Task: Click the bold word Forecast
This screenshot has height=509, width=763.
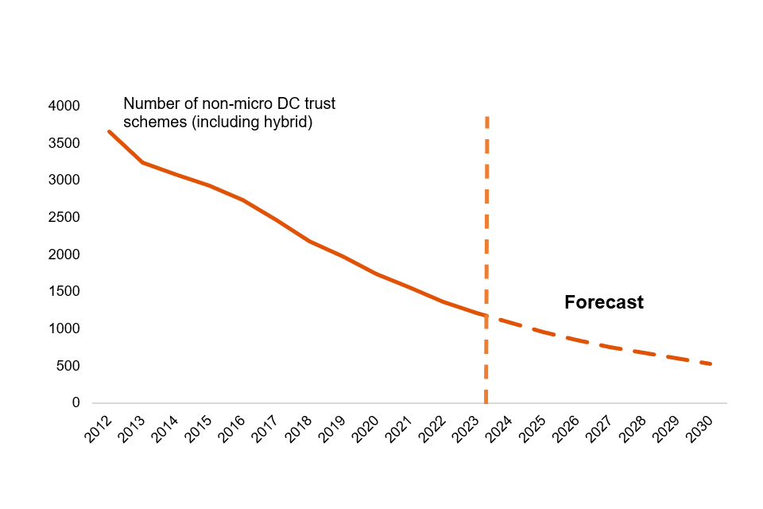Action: (x=603, y=303)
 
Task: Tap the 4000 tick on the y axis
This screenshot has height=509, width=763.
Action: (x=64, y=106)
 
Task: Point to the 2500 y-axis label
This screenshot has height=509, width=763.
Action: (x=64, y=217)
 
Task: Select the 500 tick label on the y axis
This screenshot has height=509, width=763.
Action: (x=68, y=366)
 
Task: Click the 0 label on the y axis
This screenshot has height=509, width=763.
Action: (x=76, y=403)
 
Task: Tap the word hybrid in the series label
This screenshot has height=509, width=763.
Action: (x=285, y=122)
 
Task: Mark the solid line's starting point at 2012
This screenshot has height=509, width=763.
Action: (x=109, y=131)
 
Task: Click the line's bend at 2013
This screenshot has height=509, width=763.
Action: (x=142, y=162)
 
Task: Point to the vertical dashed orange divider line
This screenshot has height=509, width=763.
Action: (x=486, y=239)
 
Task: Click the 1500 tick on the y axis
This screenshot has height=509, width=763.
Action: (x=64, y=292)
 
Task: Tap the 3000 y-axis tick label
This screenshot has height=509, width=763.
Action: (x=64, y=181)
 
